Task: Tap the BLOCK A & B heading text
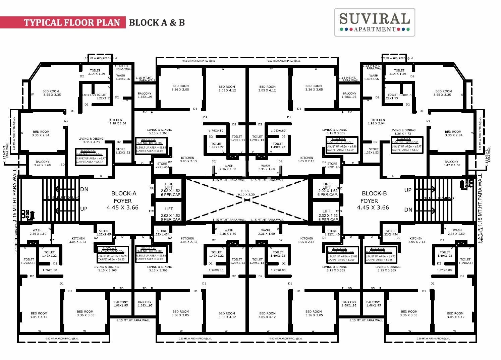click(157, 22)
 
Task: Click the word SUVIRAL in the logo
click(374, 19)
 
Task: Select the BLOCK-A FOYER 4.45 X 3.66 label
click(123, 200)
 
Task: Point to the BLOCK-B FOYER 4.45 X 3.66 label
click(373, 200)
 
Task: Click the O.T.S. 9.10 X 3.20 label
click(246, 193)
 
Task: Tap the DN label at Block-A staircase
click(84, 189)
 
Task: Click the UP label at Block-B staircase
click(408, 190)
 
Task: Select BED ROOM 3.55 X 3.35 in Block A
click(51, 93)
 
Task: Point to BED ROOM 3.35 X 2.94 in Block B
click(453, 133)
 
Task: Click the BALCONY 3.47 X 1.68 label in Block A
click(43, 163)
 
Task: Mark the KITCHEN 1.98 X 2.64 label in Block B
click(378, 121)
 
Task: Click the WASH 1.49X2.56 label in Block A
click(122, 77)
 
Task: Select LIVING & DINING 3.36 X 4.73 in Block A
click(91, 140)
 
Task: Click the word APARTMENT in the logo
click(375, 29)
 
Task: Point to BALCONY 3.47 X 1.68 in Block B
click(451, 163)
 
